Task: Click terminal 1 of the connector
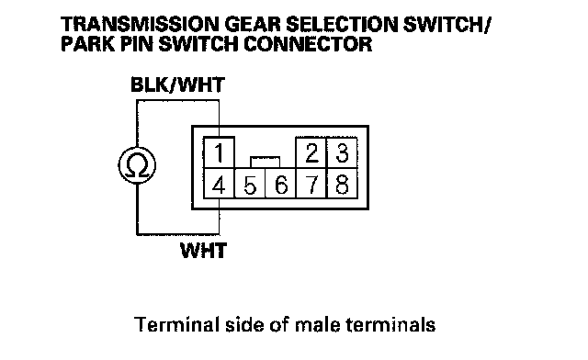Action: [219, 152]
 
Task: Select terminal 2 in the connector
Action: [311, 152]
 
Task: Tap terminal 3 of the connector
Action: [342, 152]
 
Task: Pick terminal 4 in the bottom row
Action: [219, 184]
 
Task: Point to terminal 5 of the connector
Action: [250, 184]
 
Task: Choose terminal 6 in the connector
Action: [280, 184]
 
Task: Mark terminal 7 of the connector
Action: [311, 184]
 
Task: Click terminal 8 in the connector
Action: [342, 184]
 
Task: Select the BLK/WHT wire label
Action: [177, 84]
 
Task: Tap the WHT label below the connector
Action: [204, 251]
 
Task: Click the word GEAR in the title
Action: [253, 25]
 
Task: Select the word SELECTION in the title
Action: [342, 25]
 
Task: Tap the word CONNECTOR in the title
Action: [308, 44]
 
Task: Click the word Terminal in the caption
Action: [176, 324]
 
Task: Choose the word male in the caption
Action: [317, 325]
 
